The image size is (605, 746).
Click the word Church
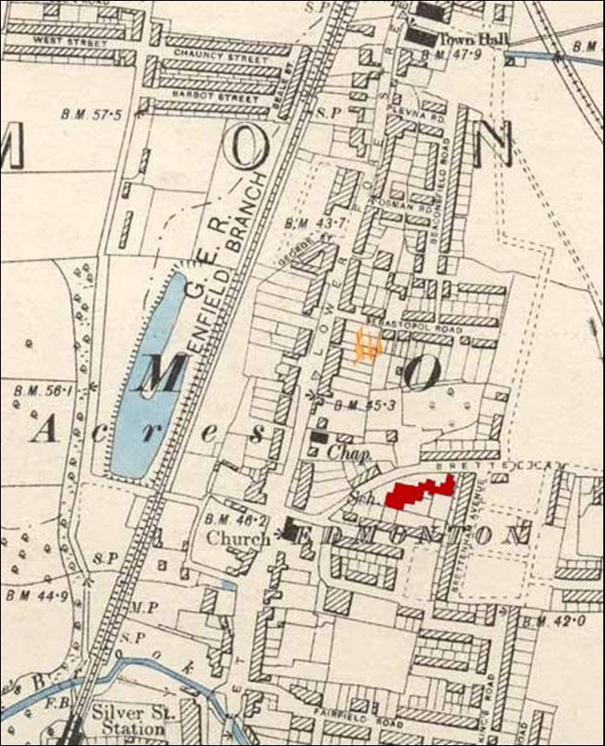[238, 539]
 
